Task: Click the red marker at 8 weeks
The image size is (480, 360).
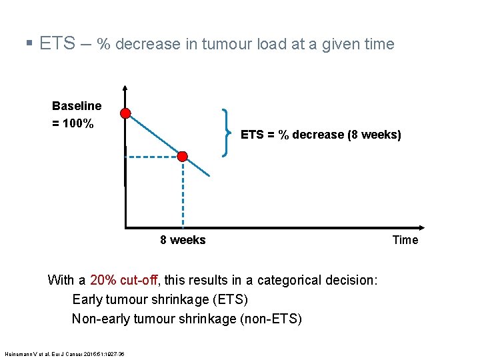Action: [183, 157]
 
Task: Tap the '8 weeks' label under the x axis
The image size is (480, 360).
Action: [183, 240]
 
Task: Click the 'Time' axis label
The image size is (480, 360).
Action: [405, 240]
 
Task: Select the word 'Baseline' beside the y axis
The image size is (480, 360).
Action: [77, 106]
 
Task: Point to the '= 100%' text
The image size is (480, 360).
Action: [73, 124]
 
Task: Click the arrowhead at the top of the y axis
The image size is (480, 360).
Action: [125, 89]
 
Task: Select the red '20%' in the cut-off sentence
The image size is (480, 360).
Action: [103, 280]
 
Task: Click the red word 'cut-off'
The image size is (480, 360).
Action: [138, 280]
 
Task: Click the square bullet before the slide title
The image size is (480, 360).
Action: [29, 45]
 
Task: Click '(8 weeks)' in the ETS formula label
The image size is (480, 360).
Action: [375, 135]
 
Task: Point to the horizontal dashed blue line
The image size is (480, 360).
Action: [152, 157]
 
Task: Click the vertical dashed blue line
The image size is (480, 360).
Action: [183, 193]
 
